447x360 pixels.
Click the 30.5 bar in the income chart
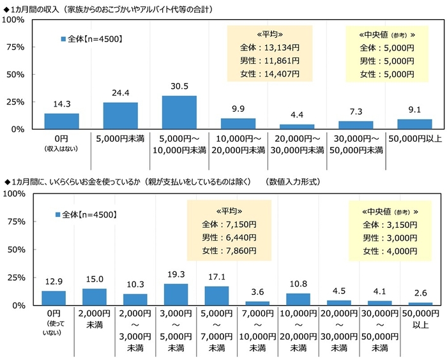pos(179,112)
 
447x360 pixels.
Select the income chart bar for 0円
pos(61,121)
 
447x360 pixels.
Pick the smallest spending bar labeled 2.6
pos(420,304)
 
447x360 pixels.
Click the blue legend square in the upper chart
pos(63,39)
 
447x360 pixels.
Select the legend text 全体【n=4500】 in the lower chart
pos(89,214)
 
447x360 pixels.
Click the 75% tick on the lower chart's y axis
pos(15,221)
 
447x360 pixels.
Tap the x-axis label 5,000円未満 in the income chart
pos(120,137)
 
